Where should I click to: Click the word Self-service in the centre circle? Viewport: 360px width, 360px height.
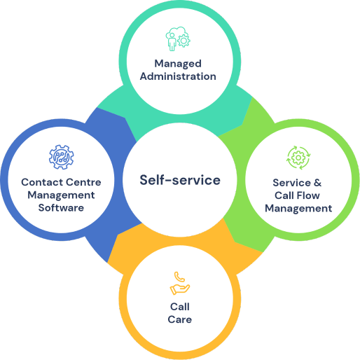(x=180, y=180)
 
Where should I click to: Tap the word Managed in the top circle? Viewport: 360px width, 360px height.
(x=178, y=64)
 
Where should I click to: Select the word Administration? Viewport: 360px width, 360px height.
(x=178, y=76)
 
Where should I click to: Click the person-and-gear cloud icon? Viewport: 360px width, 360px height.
(x=178, y=39)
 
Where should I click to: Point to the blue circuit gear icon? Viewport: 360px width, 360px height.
(x=62, y=157)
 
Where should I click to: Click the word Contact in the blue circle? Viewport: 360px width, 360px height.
(x=41, y=182)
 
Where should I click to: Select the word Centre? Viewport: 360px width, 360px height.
(x=83, y=182)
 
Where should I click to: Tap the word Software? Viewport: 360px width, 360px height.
(x=61, y=208)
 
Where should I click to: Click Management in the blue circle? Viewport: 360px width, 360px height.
(x=61, y=195)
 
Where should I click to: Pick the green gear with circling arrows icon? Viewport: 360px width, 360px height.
(x=298, y=158)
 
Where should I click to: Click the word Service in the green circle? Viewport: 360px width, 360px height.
(x=292, y=183)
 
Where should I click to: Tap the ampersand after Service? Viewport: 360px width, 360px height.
(x=318, y=183)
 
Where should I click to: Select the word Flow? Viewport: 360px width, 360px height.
(x=308, y=195)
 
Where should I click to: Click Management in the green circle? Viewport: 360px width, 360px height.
(x=298, y=209)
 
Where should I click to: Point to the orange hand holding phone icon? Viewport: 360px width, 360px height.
(x=180, y=283)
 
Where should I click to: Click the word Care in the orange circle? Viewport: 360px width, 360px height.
(x=180, y=319)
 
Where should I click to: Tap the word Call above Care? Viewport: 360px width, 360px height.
(x=180, y=307)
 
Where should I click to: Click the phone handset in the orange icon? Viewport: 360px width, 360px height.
(x=179, y=277)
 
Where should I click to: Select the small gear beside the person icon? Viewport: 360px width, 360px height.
(x=184, y=41)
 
